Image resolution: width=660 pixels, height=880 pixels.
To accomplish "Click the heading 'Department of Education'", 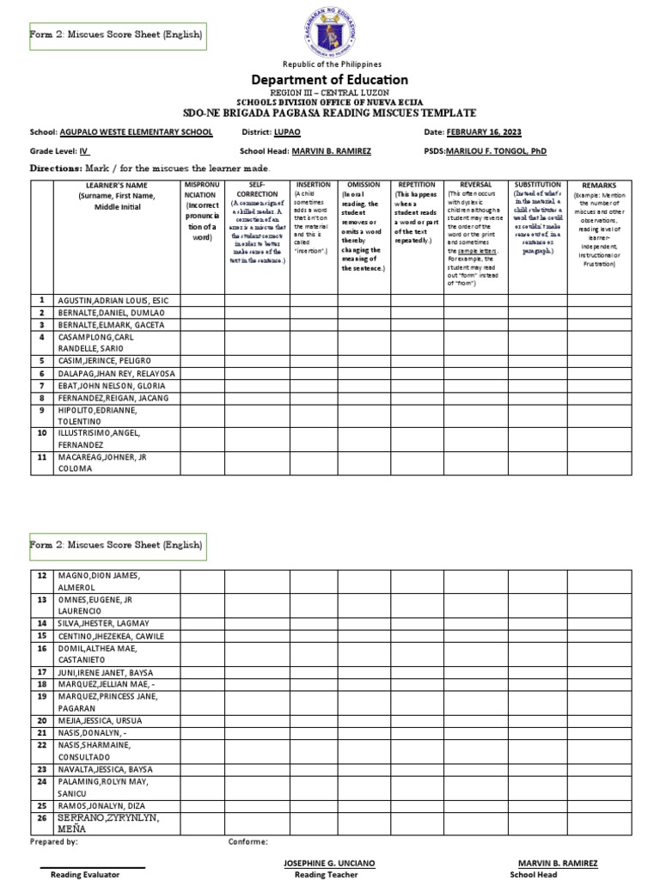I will [330, 80].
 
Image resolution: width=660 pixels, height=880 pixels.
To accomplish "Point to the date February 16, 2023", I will [483, 132].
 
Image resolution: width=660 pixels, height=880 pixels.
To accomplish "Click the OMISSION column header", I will [364, 185].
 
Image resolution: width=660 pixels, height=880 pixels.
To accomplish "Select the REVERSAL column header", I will [475, 185].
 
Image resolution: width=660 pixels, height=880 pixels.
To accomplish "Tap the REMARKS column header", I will [598, 186].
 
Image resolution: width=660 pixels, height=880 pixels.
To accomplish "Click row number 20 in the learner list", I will [40, 720].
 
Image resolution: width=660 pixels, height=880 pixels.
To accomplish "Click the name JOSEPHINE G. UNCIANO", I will [329, 863].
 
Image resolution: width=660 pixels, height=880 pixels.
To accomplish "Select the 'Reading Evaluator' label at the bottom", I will [85, 874].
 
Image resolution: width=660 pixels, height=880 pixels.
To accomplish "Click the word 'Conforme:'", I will [247, 842].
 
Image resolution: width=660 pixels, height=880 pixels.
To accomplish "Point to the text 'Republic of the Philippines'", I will [330, 64].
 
